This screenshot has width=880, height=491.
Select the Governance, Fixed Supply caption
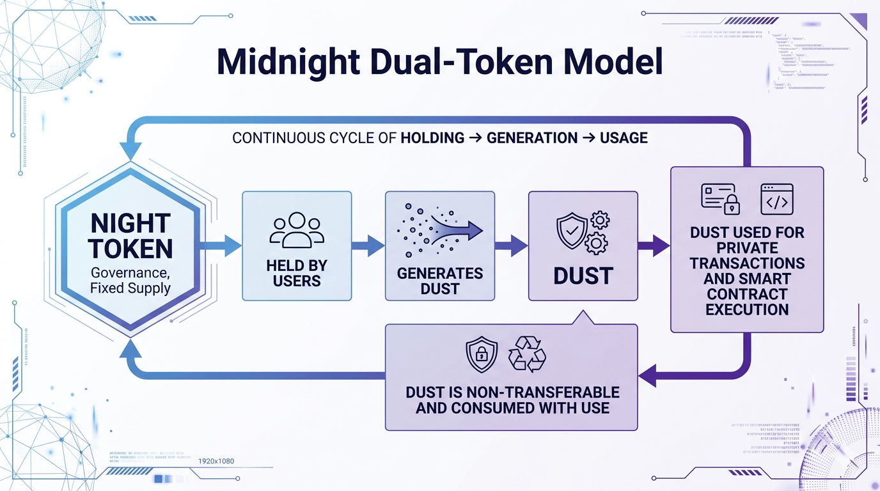[x=130, y=279]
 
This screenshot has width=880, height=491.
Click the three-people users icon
[x=296, y=230]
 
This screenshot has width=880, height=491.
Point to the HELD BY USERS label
[x=296, y=273]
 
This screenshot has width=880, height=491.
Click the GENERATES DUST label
[x=440, y=281]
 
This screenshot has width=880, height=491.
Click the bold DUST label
[x=583, y=276]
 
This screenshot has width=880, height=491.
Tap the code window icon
[x=776, y=199]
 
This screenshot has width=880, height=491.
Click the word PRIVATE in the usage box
[x=747, y=247]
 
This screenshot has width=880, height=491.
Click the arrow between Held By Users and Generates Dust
[x=368, y=245]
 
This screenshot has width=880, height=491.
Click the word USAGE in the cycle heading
[x=624, y=137]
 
